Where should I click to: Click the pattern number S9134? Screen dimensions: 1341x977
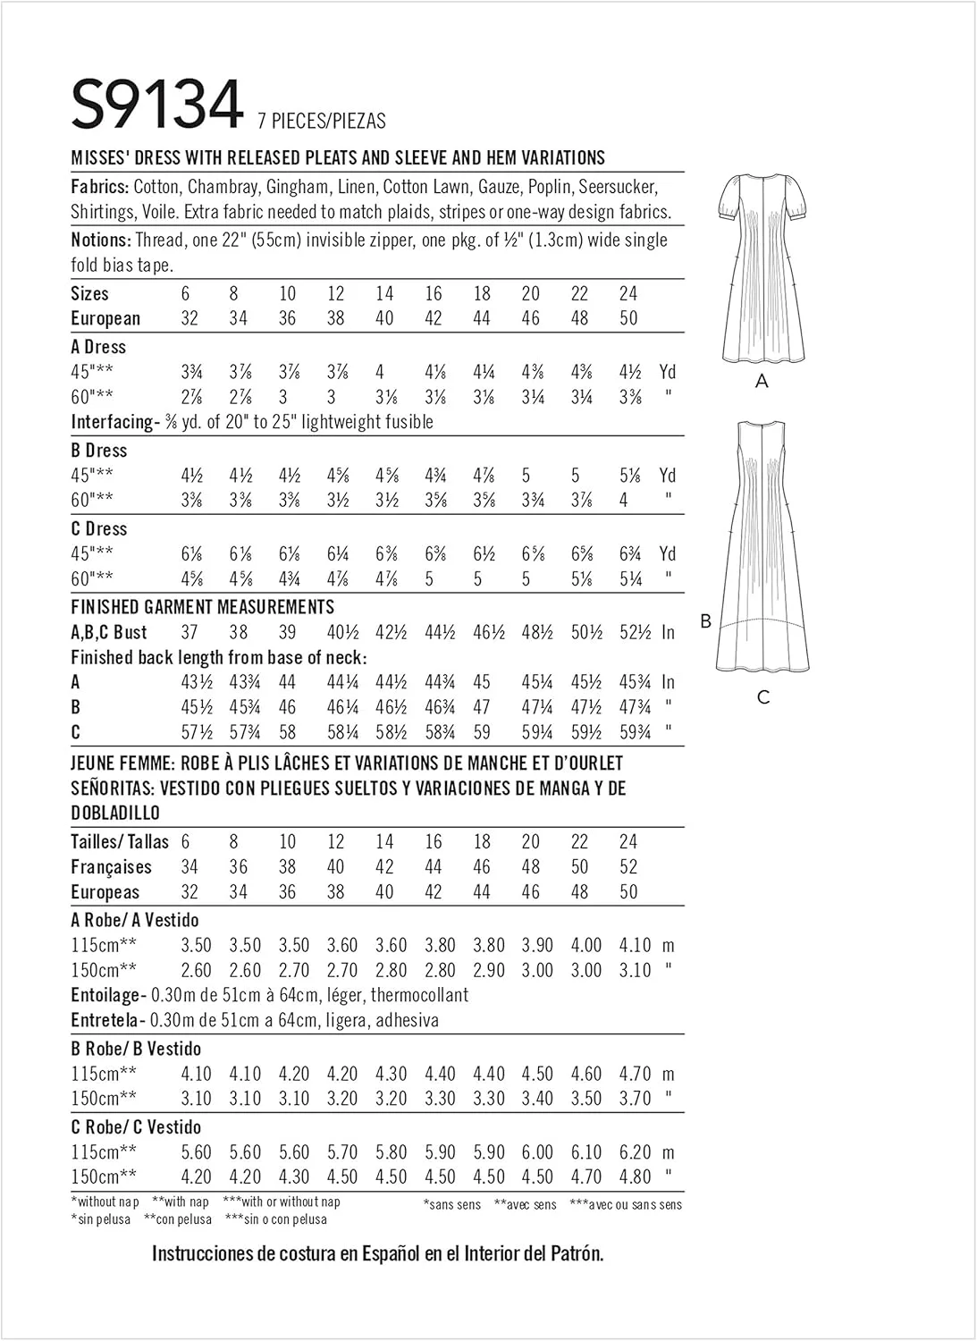[x=156, y=105]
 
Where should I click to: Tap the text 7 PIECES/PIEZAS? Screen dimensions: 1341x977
[x=322, y=121]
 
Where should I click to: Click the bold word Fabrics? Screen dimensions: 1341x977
[x=100, y=187]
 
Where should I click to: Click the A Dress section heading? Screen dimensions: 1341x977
[x=98, y=347]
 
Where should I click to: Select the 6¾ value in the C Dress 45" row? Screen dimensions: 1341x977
[x=631, y=554]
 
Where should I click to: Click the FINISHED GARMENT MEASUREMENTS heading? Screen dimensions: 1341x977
[x=202, y=607]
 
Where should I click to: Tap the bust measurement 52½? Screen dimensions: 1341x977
[x=635, y=632]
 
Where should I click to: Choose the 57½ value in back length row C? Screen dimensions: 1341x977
[x=197, y=732]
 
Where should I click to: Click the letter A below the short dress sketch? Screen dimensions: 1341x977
[x=762, y=382]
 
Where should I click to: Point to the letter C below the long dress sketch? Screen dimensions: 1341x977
[x=762, y=697]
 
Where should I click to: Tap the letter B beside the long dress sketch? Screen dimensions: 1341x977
[x=705, y=621]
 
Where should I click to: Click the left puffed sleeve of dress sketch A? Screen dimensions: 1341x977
[x=731, y=204]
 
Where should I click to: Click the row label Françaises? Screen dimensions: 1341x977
[x=111, y=867]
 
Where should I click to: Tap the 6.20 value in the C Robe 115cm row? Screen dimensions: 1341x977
[x=635, y=1152]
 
